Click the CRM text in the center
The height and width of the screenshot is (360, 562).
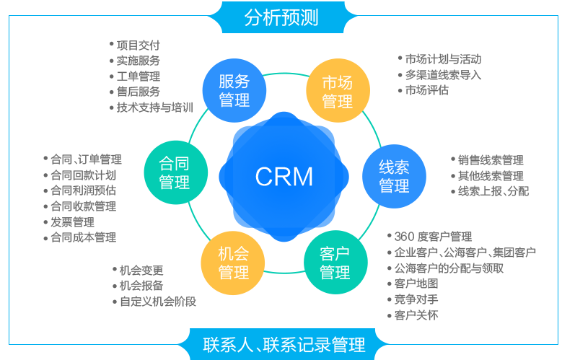pos(284,177)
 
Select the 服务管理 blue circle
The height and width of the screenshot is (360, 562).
pos(234,90)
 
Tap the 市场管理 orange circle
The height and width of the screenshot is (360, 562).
pos(338,91)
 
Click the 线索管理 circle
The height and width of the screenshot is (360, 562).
pos(394,176)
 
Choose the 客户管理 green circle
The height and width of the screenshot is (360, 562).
pos(335,263)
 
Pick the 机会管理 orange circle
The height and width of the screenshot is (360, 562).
pos(233,263)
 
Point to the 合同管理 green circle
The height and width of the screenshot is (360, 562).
pos(175,172)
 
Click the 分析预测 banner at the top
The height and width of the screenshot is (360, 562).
pos(281,17)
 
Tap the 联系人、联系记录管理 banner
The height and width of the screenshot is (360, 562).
pos(284,344)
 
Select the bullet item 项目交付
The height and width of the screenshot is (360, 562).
pos(135,45)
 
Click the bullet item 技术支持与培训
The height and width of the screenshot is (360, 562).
pos(152,107)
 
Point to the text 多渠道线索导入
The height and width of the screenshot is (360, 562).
pos(444,74)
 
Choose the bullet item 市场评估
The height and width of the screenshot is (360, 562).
pos(423,90)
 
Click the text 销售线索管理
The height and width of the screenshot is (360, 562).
pos(491,160)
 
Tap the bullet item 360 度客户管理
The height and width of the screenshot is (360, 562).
pos(430,237)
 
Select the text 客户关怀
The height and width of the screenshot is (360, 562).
pos(416,315)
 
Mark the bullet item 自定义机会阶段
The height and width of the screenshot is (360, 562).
pos(154,302)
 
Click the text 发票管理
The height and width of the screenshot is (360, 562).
pos(72,222)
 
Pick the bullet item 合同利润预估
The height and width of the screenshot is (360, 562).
pos(80,190)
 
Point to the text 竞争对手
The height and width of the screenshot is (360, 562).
pos(416,299)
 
